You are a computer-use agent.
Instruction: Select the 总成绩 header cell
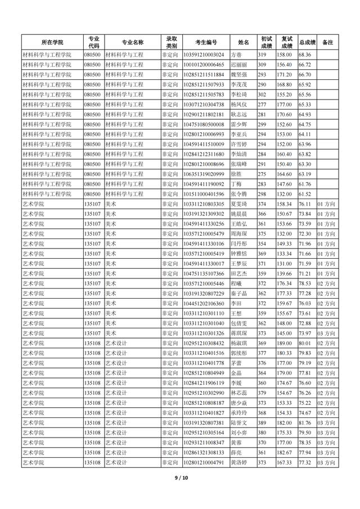(x=307, y=42)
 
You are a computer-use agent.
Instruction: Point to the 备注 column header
(x=328, y=42)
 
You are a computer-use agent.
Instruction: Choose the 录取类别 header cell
(x=172, y=42)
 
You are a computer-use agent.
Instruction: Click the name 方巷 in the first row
(x=235, y=55)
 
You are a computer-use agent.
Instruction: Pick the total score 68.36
(x=305, y=55)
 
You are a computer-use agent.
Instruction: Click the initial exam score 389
(x=262, y=422)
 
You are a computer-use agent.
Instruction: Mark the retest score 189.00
(x=284, y=343)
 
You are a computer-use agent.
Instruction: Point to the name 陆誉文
(x=239, y=422)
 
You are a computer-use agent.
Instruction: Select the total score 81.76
(x=305, y=422)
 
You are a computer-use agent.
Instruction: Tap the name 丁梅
(x=235, y=184)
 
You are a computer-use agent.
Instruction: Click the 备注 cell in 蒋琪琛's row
(x=327, y=333)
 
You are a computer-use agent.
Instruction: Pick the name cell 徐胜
(x=235, y=174)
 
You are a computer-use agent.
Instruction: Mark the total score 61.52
(x=305, y=194)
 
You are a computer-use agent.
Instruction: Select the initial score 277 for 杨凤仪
(x=262, y=105)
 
